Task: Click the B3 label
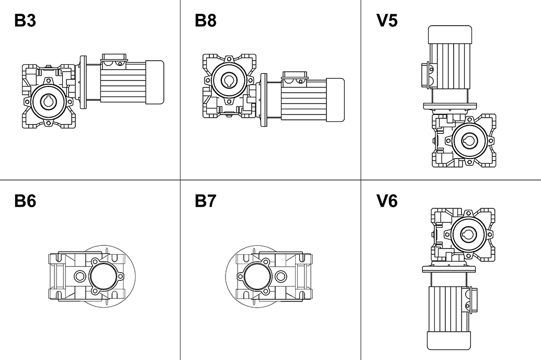[25, 20]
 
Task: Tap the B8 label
[206, 20]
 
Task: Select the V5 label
[387, 20]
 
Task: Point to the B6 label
[25, 201]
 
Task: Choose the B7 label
[206, 201]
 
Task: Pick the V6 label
[387, 201]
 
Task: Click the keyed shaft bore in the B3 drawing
[48, 101]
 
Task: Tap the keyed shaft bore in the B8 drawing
[228, 80]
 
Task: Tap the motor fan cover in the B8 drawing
[335, 99]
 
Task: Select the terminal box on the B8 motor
[295, 77]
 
